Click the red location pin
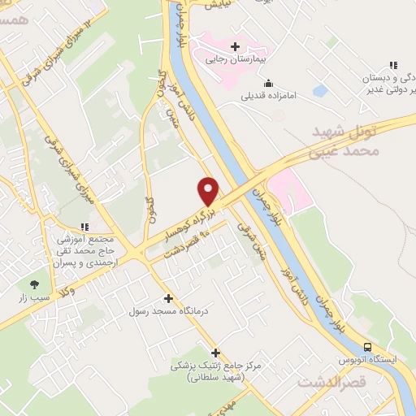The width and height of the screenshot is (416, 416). coord(208,191)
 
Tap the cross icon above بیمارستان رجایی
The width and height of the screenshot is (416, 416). coord(236,45)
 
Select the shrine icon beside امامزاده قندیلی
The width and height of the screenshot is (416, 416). coord(268,82)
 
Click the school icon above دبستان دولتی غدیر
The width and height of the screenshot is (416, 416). coord(393,65)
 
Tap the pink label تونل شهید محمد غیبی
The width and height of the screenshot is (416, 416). coord(345,141)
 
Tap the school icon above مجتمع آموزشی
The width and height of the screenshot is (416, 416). coord(84,227)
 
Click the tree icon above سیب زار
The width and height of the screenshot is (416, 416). coord(34,284)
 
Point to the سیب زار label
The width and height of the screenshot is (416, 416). coord(35,298)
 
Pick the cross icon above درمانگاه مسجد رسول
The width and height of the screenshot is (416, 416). coord(168,298)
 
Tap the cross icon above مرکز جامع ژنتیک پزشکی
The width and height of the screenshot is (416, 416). coord(215,352)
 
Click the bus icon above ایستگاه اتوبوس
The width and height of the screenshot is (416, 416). coord(367,345)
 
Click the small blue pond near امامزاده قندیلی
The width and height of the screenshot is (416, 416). coord(320,91)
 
